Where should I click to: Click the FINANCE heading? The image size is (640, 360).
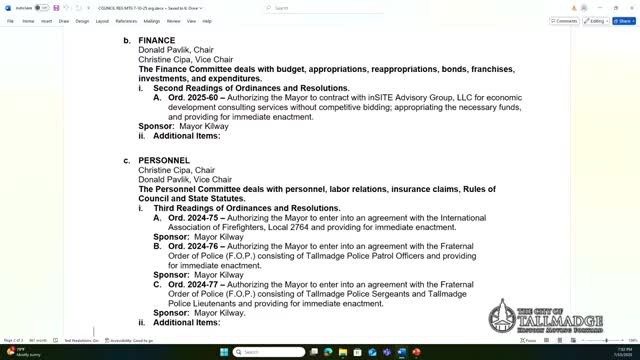pos(156,41)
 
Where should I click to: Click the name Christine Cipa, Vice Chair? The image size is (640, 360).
pos(186,60)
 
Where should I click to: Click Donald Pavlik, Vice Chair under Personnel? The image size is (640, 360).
pos(185,180)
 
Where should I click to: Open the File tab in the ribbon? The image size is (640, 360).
pos(10,20)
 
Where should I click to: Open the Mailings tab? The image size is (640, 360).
pos(151,20)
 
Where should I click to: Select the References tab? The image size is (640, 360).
pos(126,20)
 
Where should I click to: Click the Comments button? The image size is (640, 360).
pos(565,20)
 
